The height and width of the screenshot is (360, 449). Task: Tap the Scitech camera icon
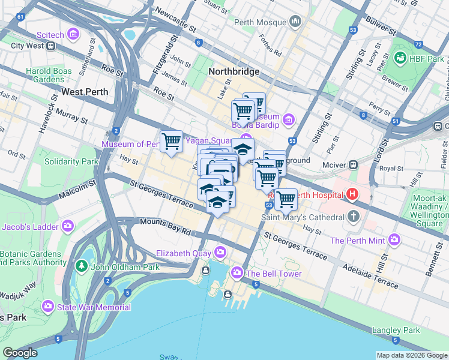74,34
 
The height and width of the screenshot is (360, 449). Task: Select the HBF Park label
427,59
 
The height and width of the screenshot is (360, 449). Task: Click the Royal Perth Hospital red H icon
352,194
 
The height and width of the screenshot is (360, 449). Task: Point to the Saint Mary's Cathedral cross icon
354,216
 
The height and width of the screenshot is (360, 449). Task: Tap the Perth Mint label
358,241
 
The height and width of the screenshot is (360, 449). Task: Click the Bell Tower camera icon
237,274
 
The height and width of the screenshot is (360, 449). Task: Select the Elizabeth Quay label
184,253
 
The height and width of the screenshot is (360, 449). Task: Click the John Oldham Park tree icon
81,266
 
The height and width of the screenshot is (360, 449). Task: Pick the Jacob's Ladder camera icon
68,226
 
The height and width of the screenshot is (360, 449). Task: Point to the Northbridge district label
234,71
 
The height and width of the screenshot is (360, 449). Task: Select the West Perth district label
85,92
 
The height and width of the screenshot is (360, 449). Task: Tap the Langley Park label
396,330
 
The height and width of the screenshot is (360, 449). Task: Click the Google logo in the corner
20,353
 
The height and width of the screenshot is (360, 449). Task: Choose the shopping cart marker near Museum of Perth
172,142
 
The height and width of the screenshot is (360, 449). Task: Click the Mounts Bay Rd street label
164,227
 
